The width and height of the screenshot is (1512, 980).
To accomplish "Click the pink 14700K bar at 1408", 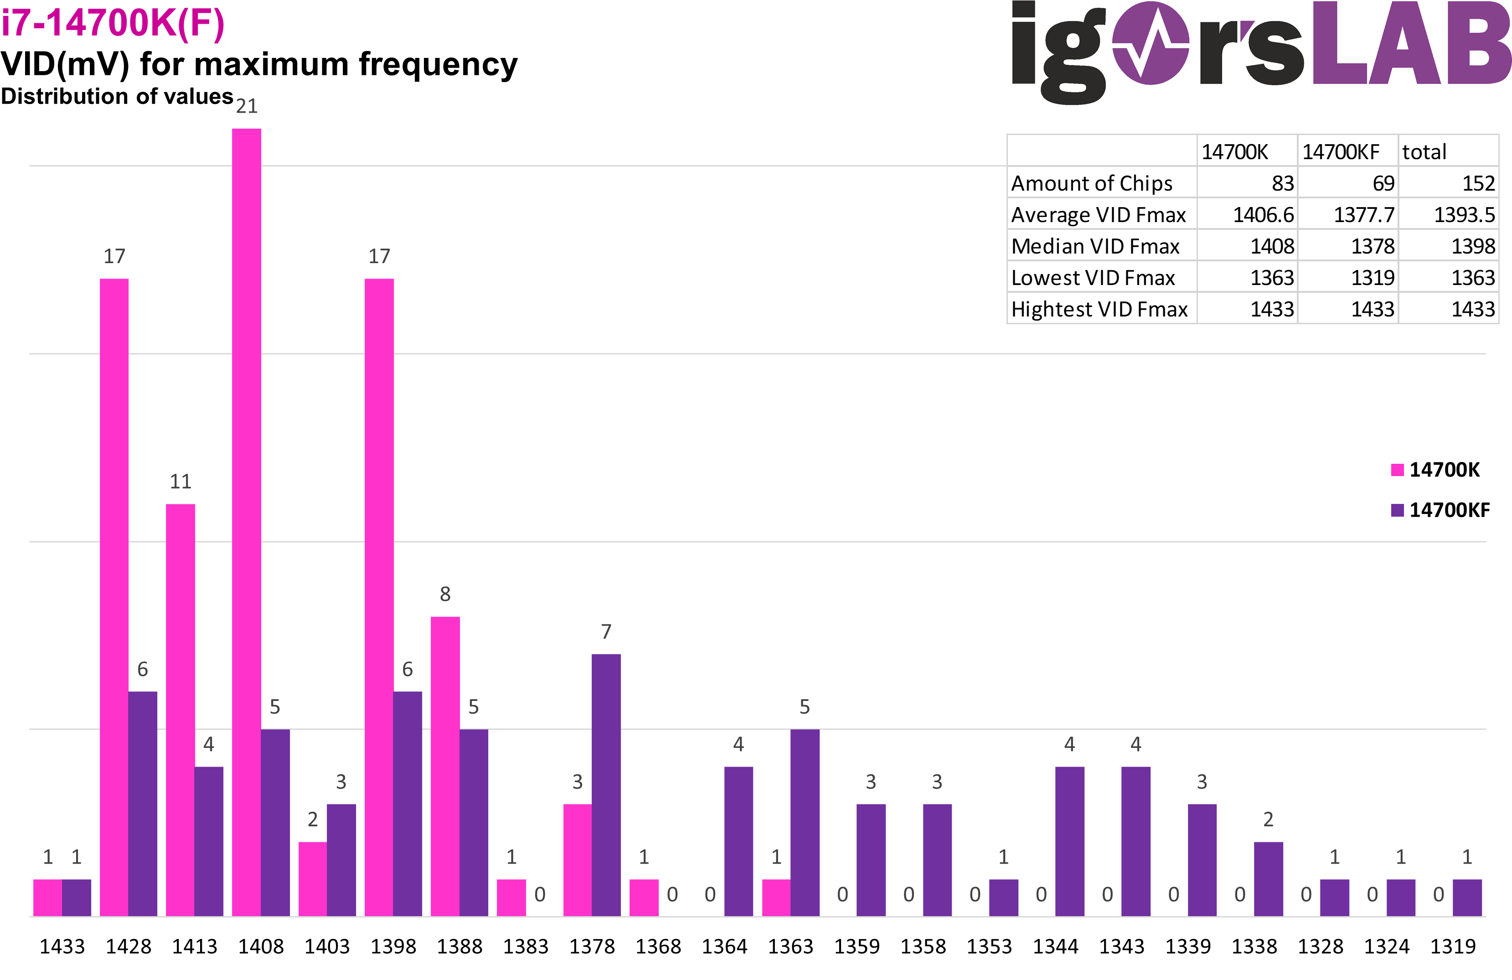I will pyautogui.click(x=247, y=521).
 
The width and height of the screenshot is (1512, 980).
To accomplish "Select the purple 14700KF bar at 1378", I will pyautogui.click(x=606, y=785).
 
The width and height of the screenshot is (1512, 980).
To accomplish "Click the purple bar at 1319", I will pyautogui.click(x=1467, y=897).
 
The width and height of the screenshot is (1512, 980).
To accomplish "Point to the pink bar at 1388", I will pyautogui.click(x=445, y=766).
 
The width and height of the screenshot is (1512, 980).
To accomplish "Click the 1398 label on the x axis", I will pyautogui.click(x=393, y=946).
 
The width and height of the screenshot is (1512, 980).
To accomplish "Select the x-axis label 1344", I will pyautogui.click(x=1055, y=946).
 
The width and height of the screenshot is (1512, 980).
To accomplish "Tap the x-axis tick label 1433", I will pyautogui.click(x=62, y=946).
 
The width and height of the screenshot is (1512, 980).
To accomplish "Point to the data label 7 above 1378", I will pyautogui.click(x=606, y=632).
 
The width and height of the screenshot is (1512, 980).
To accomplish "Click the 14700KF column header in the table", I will pyautogui.click(x=1341, y=152).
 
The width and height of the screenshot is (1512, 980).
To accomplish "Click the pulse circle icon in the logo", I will pyautogui.click(x=1151, y=43).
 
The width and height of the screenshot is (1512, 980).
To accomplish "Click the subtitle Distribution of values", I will pyautogui.click(x=118, y=96).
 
